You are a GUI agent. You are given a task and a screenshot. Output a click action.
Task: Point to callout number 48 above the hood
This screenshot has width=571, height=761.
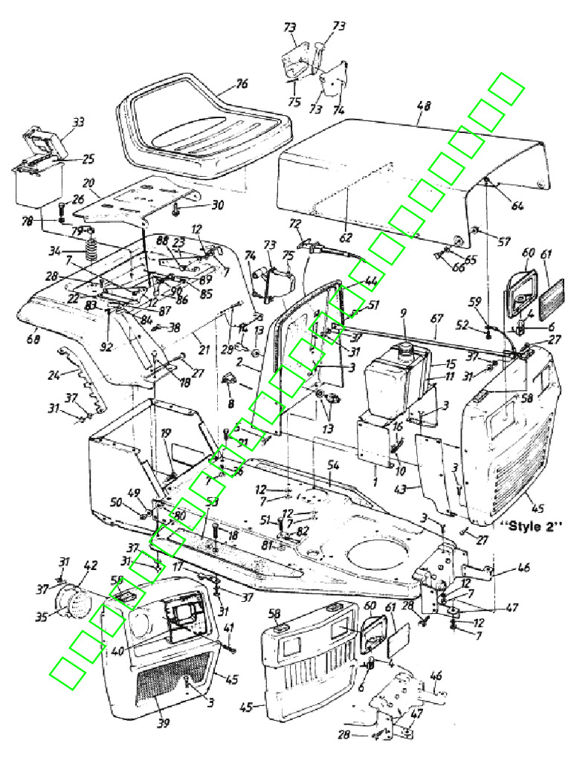click(x=423, y=106)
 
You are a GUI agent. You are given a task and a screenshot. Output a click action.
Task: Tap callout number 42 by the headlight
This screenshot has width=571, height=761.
click(x=90, y=566)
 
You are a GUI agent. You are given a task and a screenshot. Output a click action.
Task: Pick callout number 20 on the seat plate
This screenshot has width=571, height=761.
click(x=89, y=183)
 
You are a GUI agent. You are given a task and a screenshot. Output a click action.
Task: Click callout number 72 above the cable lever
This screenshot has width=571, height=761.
click(x=295, y=223)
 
